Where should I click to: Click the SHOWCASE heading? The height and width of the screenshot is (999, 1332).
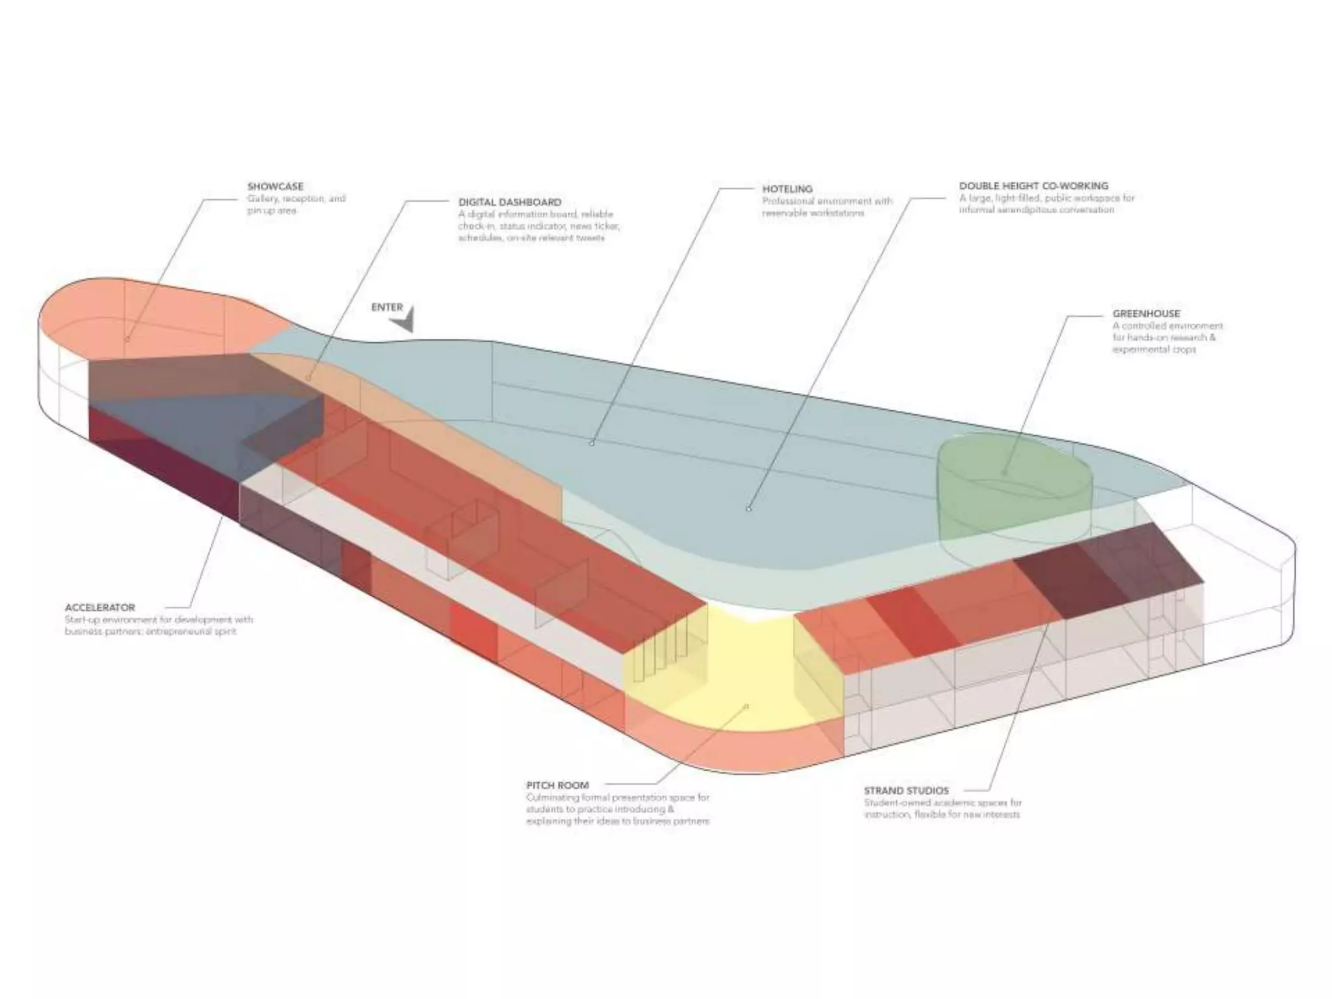(275, 187)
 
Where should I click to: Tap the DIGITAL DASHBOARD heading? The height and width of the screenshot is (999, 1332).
(509, 202)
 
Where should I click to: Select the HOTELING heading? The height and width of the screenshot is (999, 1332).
(787, 189)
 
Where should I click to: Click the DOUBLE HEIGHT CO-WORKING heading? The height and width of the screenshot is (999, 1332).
(1033, 186)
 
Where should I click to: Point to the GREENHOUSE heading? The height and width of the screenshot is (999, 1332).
(1146, 313)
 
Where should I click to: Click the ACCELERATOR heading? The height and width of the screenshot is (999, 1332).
(100, 607)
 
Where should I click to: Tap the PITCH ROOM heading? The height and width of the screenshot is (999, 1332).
(557, 785)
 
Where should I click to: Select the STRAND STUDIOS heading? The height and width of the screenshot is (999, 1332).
(906, 791)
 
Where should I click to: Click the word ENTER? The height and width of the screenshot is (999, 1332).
(387, 307)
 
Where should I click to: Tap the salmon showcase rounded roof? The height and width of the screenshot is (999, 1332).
(163, 319)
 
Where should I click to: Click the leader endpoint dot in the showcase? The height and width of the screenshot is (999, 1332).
(127, 339)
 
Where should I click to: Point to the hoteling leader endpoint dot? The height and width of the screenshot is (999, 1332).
(592, 443)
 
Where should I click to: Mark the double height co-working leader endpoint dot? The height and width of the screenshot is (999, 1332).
(749, 508)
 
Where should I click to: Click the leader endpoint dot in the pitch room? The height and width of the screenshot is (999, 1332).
(747, 706)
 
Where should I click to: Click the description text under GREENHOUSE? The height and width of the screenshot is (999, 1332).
(1167, 338)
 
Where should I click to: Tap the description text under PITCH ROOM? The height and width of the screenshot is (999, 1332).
(617, 809)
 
